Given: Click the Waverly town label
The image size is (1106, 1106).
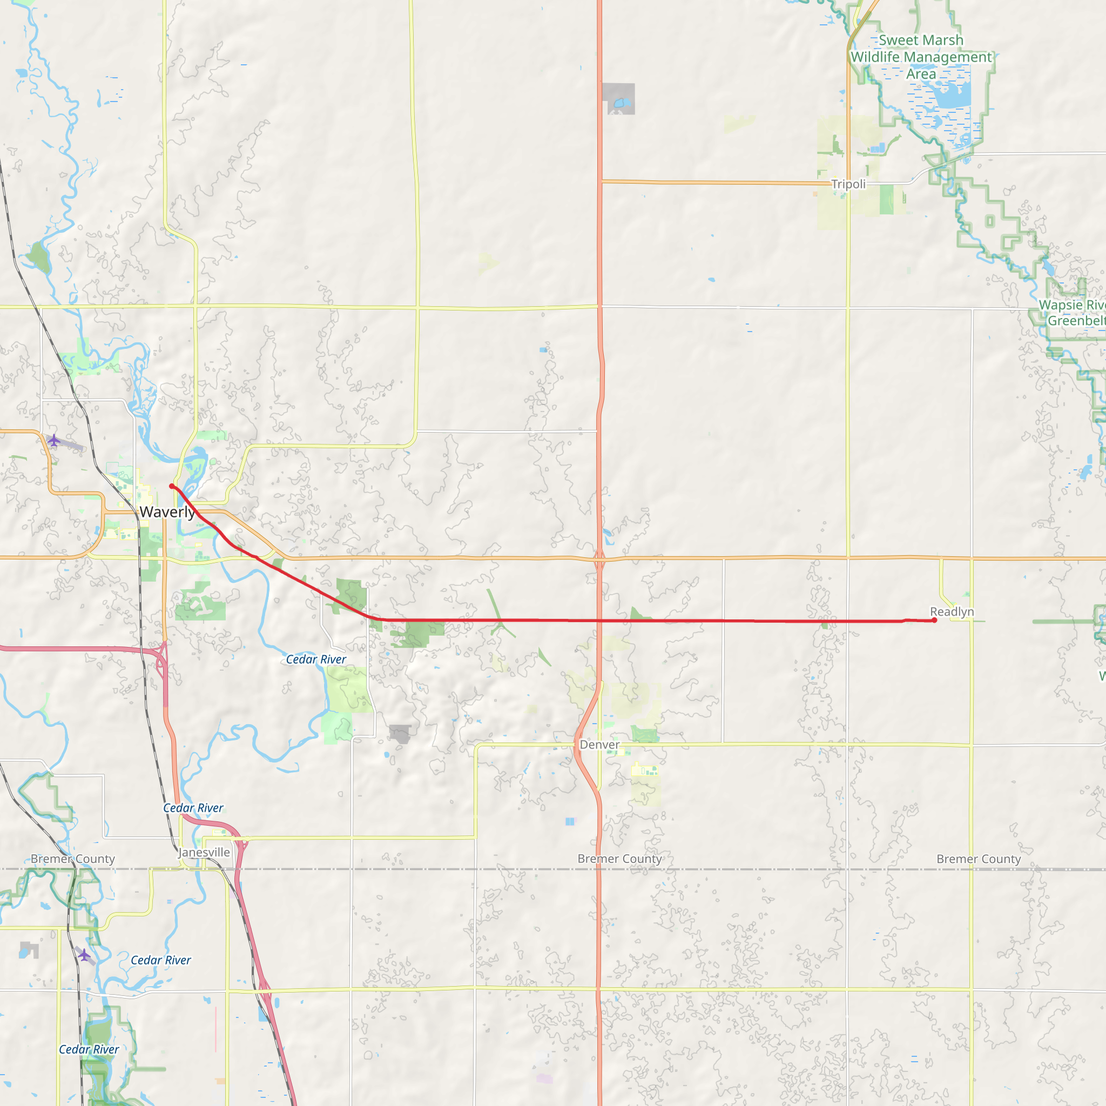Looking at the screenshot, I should (x=167, y=512).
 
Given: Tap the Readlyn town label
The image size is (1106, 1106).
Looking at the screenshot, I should (x=952, y=611).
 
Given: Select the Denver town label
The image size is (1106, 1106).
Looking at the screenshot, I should (x=599, y=744).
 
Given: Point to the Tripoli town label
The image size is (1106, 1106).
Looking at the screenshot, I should (x=848, y=184).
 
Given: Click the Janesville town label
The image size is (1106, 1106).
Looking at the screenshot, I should (x=204, y=852).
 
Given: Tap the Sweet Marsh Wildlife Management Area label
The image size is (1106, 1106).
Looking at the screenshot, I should (x=921, y=57).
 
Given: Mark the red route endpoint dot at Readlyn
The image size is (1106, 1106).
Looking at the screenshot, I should (x=934, y=620).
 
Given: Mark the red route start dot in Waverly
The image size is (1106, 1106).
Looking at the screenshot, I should (x=172, y=486).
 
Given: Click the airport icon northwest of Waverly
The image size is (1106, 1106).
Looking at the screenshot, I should (x=54, y=440).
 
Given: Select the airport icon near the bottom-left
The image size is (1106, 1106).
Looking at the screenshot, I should (x=84, y=954).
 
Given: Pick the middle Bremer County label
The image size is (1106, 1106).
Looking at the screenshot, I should (x=619, y=859).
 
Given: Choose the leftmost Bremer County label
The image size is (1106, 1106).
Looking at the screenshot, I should (x=73, y=859).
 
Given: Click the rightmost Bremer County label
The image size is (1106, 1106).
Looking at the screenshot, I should (x=979, y=859).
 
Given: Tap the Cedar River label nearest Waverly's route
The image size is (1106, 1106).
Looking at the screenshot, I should (x=316, y=659).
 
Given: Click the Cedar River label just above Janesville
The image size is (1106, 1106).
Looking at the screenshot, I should (x=193, y=808).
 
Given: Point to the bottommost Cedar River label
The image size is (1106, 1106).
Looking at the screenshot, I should (x=89, y=1049).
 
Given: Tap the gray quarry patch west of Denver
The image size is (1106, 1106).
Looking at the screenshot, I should (x=400, y=733).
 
